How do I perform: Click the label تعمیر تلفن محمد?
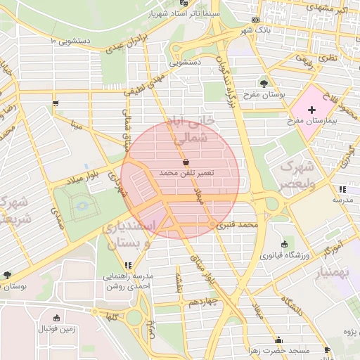186,172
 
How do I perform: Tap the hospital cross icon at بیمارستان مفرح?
312,110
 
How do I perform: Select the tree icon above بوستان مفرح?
264,83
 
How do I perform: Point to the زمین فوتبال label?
56,328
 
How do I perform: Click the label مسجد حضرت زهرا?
280,349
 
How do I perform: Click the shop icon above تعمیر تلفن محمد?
185,162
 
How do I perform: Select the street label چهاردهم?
203,302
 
